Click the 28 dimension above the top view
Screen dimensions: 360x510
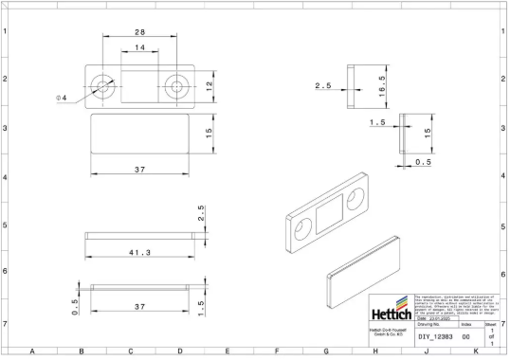[138, 33]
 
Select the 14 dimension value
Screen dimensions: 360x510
[138, 47]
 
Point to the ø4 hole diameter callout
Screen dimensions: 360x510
[62, 98]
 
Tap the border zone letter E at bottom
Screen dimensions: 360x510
[228, 352]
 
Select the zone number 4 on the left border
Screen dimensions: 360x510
[6, 177]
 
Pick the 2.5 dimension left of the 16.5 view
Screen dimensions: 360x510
[323, 86]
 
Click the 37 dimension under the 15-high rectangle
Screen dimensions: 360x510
[138, 170]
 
